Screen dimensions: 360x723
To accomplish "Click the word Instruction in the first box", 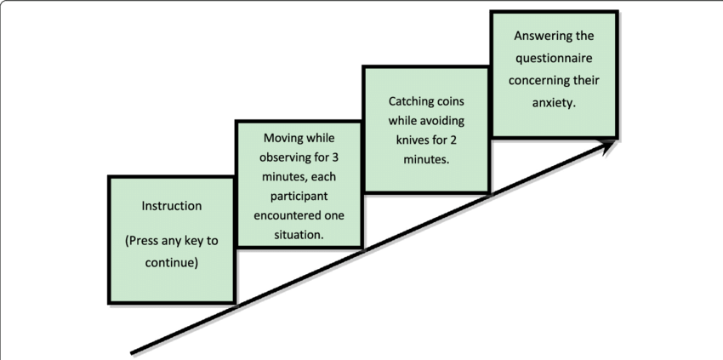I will coord(171,206).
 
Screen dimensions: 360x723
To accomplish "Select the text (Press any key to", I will coord(171,241).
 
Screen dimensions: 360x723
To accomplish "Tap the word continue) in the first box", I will coord(171,263).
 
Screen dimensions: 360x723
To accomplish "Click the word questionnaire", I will coord(555,59).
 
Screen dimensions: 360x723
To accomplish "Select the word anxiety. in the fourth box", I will coord(555,103).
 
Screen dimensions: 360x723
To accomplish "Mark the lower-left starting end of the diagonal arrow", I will coord(133,351).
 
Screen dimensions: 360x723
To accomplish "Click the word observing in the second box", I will coord(278,157).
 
